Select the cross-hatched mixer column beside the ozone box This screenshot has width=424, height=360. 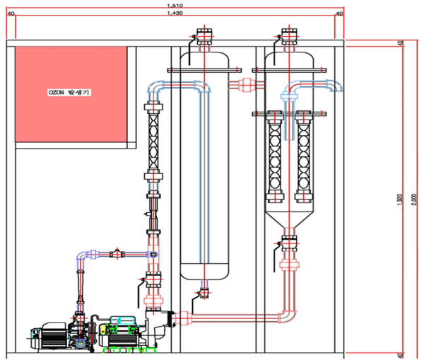coord(152,141)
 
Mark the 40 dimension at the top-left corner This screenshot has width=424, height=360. coord(10,13)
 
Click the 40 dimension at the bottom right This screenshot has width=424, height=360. coord(401,354)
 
